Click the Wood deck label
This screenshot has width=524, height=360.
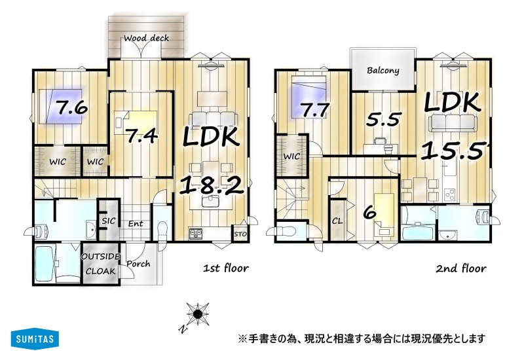[146, 38]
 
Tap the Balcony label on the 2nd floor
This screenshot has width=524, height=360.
[383, 71]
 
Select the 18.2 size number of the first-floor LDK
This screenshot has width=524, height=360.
[212, 186]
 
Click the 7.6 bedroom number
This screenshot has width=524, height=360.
[71, 107]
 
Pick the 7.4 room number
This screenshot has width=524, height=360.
[141, 135]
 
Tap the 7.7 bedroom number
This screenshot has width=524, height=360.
[315, 110]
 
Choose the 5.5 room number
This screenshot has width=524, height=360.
[384, 119]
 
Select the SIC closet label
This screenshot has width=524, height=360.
[109, 221]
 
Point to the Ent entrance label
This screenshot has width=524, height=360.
[136, 224]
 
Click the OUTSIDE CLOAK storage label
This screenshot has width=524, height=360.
[101, 264]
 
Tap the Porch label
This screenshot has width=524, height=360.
[138, 264]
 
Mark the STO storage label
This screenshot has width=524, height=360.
[240, 234]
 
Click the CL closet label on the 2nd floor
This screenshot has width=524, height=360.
[337, 221]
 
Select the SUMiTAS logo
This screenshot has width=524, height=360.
[35, 338]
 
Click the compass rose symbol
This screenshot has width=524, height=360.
[198, 314]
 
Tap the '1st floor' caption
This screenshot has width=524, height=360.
[226, 268]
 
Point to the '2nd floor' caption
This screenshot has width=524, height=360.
[461, 268]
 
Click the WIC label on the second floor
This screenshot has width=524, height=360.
[291, 156]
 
